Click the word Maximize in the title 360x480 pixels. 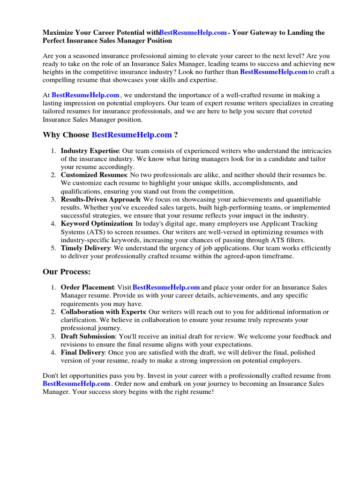pyautogui.click(x=59, y=33)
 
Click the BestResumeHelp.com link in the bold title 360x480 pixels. pyautogui.click(x=193, y=33)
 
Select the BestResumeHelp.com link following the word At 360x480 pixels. pyautogui.click(x=85, y=95)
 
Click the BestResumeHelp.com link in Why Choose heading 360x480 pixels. pyautogui.click(x=132, y=135)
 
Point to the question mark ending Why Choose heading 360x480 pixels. pyautogui.click(x=176, y=135)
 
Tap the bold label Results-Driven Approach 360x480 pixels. pyautogui.click(x=100, y=199)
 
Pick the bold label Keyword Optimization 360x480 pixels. pyautogui.click(x=97, y=224)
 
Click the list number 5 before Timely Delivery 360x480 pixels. pyautogui.click(x=53, y=248)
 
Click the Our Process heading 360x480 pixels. pyautogui.click(x=67, y=272)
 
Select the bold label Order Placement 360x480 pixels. pyautogui.click(x=88, y=287)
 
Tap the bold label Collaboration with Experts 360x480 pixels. pyautogui.click(x=103, y=312)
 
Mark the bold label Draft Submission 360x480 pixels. pyautogui.click(x=88, y=336)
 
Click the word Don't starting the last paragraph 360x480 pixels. pyautogui.click(x=51, y=376)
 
